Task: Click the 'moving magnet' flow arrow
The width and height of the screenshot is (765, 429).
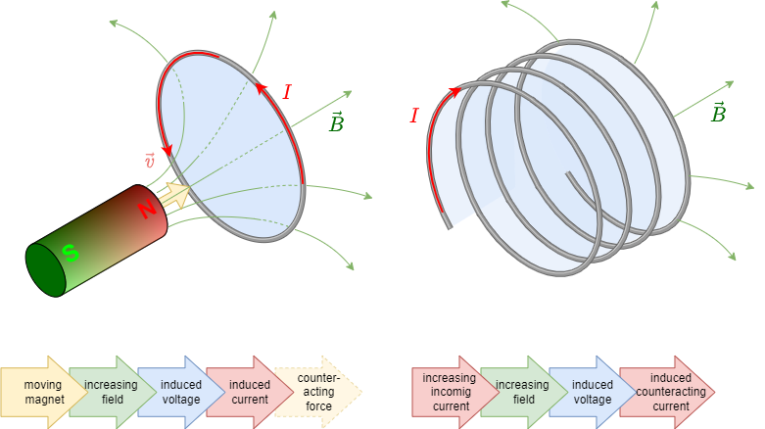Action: pos(39,391)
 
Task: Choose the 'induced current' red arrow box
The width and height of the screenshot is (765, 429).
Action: pos(247,391)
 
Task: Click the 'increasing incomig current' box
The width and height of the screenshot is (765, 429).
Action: pos(450,391)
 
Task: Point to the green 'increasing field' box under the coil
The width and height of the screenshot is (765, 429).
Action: pos(520,391)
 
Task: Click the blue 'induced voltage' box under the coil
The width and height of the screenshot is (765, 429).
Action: pos(591,391)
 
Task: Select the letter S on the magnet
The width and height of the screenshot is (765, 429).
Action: pos(70,253)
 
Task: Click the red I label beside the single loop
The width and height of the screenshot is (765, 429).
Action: pos(286,92)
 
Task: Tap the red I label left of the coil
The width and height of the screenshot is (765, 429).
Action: pos(413,116)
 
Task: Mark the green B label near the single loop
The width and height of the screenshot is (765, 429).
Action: pos(336,123)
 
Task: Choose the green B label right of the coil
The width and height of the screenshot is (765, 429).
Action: pos(718,113)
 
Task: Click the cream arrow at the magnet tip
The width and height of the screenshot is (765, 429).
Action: pos(177,196)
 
